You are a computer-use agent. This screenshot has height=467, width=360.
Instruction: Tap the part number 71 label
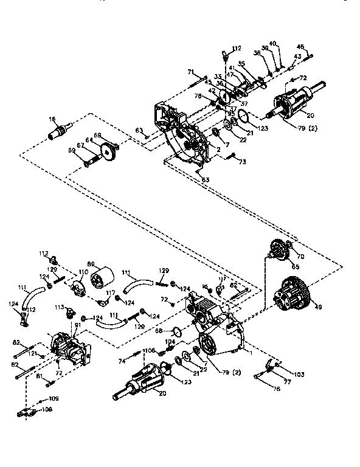pos(190,72)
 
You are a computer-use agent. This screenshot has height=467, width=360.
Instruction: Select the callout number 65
pos(296,266)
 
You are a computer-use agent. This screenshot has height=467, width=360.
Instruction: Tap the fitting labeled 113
pos(60,308)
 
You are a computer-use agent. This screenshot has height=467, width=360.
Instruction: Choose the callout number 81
pos(77,325)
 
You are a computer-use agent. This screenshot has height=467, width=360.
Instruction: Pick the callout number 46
pos(300,46)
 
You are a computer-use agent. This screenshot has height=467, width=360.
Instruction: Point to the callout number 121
pos(35,353)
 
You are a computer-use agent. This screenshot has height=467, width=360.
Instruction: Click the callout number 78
pos(198,96)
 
